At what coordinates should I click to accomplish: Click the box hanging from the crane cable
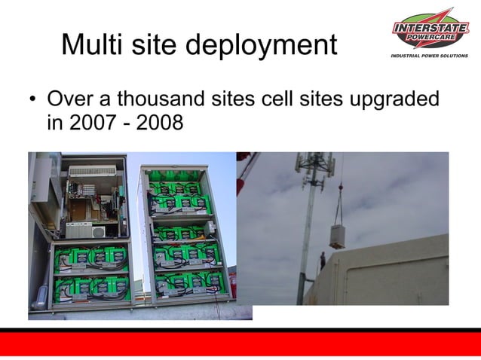click(340, 230)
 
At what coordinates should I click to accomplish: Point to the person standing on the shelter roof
click(323, 261)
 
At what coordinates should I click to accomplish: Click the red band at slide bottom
click(240, 344)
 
